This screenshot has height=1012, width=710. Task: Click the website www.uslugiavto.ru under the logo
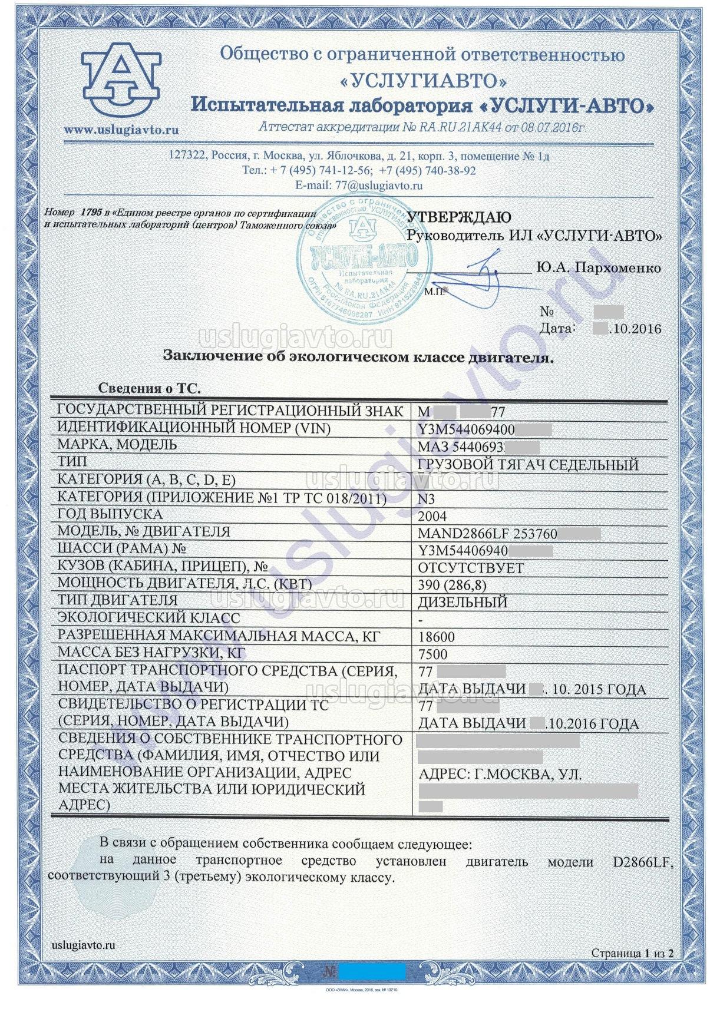[x=121, y=130]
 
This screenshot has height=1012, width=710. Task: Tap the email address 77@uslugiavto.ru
[x=379, y=185]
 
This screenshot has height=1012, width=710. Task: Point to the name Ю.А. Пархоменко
[x=598, y=268]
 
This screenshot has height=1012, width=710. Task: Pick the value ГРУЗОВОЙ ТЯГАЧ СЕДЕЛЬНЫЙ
[x=527, y=465]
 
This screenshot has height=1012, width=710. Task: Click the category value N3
[x=426, y=500]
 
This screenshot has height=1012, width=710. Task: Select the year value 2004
[x=431, y=517]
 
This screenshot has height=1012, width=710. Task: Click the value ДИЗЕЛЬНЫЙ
[x=462, y=603]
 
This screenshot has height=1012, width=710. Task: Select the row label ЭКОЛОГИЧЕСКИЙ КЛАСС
[x=148, y=618]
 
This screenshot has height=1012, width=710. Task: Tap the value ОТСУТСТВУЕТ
[x=470, y=568]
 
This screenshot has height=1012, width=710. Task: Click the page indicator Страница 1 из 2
[x=632, y=953]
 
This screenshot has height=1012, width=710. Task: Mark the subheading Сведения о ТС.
[x=149, y=388]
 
